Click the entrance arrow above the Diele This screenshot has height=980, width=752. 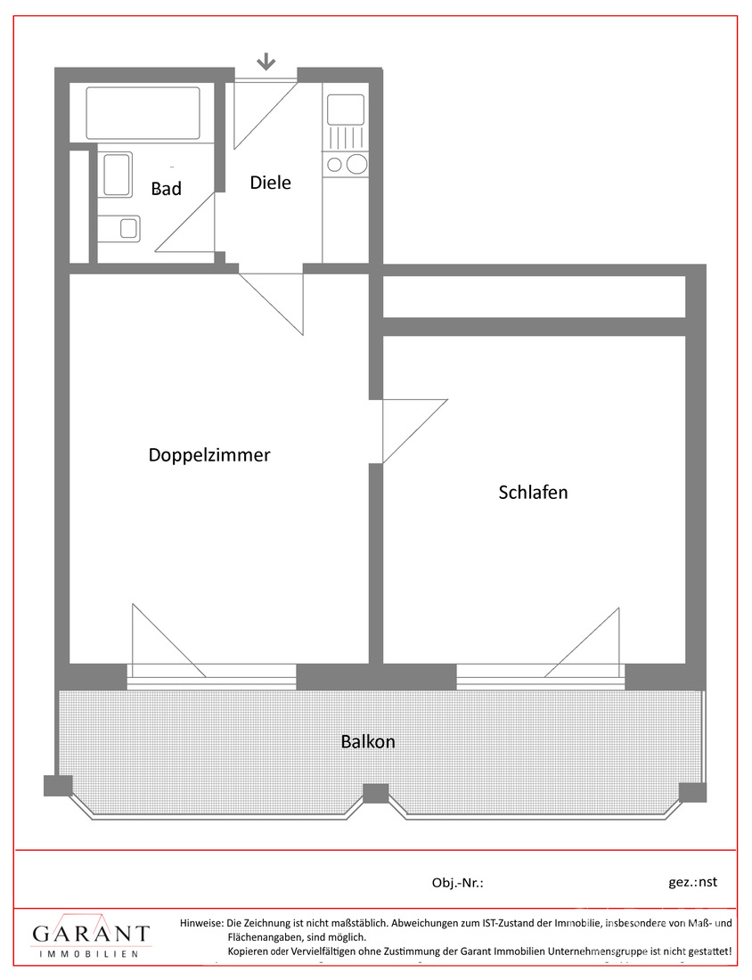pos(266,61)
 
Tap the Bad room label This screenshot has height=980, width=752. pos(167,189)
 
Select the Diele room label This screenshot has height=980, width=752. pos(271,183)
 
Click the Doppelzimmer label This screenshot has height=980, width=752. pos(209,455)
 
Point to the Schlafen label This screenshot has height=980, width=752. pos(533,493)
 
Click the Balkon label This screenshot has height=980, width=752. pos(368,742)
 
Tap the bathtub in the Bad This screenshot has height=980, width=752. pos(143,113)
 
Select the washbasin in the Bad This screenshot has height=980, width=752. pos(117,175)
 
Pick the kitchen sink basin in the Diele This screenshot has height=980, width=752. pos(346,110)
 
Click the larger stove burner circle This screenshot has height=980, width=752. pos(357,165)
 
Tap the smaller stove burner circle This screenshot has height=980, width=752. pos(335,165)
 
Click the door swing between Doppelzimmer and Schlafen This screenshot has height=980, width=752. pos(415,431)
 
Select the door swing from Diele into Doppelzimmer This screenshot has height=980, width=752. pos(271,304)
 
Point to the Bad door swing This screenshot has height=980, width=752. pos(185,222)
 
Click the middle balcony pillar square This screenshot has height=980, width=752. pos(376,794)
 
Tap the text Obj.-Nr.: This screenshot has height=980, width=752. pos(458,883)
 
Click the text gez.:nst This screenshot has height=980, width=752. pos(692,882)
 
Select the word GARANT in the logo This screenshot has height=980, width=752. pos(91,934)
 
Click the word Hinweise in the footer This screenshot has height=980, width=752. pos(201,922)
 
